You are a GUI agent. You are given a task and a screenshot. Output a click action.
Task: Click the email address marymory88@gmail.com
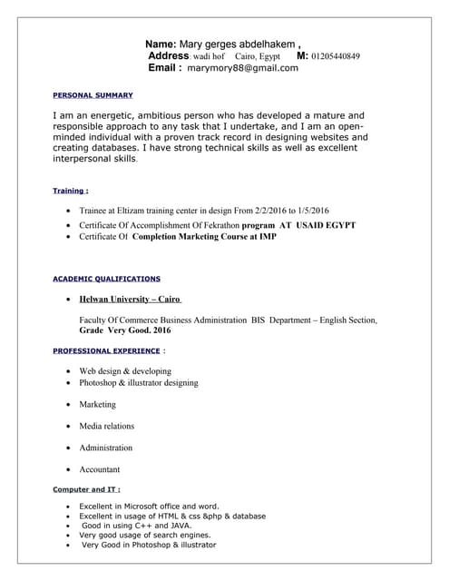tap(242, 68)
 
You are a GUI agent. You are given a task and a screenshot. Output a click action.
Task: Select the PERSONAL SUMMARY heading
tap(93, 95)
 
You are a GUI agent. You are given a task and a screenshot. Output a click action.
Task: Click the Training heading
tap(71, 192)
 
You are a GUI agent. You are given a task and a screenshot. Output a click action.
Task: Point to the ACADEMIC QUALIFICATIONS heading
tap(106, 279)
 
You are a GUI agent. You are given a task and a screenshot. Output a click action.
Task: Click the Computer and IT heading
tap(87, 490)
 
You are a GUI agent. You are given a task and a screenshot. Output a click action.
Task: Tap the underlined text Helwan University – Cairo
tap(131, 299)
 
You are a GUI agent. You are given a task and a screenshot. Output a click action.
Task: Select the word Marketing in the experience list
tap(98, 404)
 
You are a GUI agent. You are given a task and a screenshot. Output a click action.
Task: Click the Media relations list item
tap(106, 426)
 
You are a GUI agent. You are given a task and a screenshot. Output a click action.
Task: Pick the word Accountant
tap(100, 469)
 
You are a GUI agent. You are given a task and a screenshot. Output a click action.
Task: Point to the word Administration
tap(105, 448)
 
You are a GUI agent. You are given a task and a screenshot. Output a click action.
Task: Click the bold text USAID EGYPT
tap(326, 224)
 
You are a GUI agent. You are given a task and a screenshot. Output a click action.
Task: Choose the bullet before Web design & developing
tap(70, 372)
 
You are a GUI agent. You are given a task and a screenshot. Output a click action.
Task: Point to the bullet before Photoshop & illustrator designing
tap(70, 384)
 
